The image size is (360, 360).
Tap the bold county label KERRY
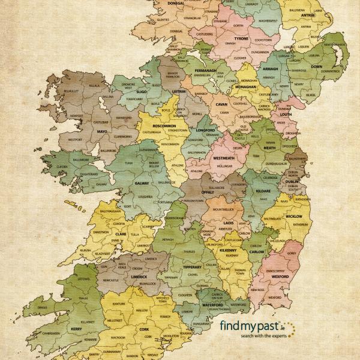pos(75,329)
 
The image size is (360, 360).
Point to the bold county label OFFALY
pos(208,192)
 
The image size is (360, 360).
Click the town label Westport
pos(75,140)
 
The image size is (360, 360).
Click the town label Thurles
pos(190,251)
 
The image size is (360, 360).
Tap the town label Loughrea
pos(145,196)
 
